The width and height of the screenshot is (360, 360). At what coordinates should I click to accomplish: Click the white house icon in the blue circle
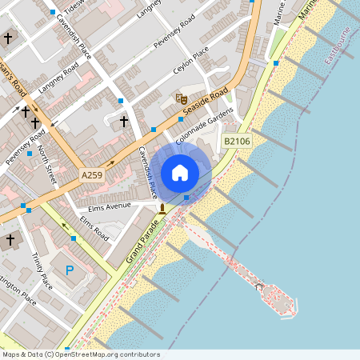(x=180, y=172)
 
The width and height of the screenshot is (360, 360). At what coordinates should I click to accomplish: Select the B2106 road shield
(x=237, y=141)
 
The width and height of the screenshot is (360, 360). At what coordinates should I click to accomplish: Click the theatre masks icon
(x=180, y=98)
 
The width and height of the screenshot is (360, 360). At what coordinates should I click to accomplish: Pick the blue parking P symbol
(x=70, y=270)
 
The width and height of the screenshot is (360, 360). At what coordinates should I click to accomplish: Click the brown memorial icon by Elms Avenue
(x=162, y=209)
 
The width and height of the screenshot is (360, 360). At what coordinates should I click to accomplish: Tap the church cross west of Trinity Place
(x=10, y=239)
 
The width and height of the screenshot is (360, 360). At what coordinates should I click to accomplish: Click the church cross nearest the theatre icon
(x=123, y=122)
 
